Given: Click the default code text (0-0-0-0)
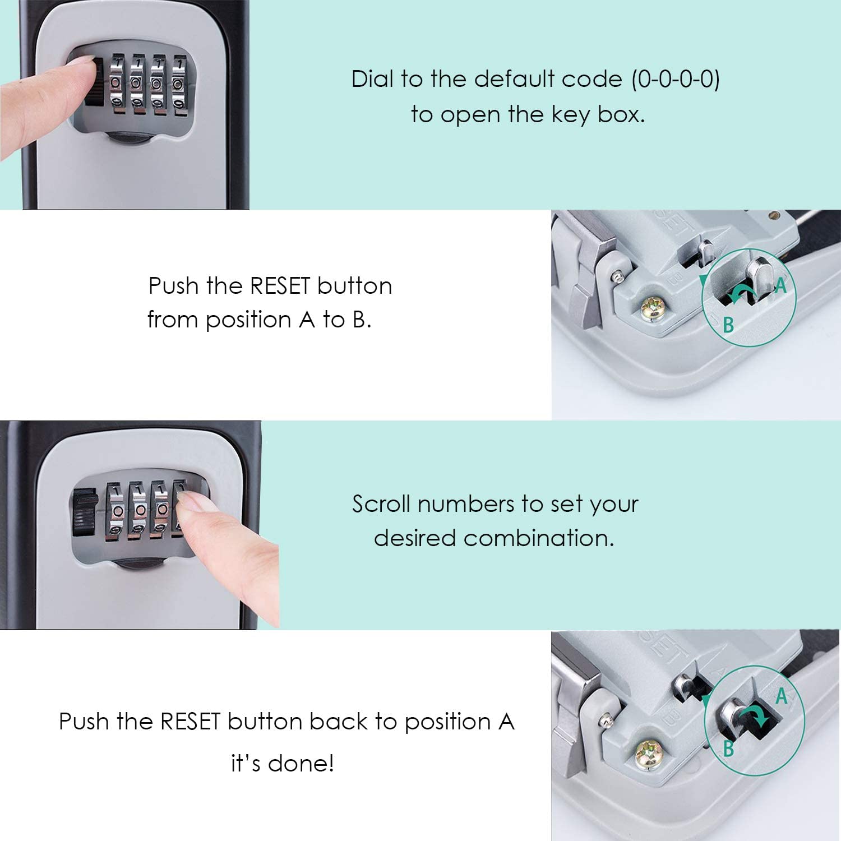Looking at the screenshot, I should point(676,79).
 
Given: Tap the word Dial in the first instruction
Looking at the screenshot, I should point(372,79).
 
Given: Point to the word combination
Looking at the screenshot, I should point(538,538).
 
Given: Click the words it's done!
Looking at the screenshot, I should point(283,763).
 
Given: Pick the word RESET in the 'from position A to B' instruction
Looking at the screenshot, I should point(279,286).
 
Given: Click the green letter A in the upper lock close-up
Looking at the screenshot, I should point(780,286).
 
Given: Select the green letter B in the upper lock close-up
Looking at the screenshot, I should point(728,324).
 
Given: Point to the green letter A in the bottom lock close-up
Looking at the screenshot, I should point(781,697).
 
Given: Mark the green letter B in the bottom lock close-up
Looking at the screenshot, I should point(728,747).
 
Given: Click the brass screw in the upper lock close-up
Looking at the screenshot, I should point(654,307).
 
